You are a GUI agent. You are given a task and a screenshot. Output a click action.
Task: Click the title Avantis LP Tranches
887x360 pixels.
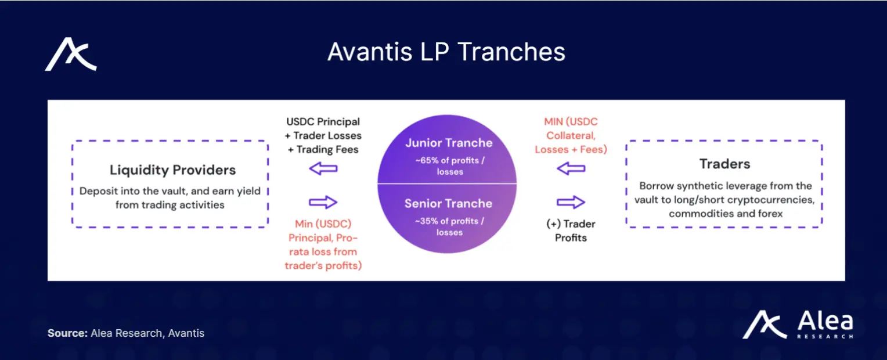coord(446,52)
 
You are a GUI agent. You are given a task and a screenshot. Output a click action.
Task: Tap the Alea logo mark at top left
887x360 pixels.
coord(70,54)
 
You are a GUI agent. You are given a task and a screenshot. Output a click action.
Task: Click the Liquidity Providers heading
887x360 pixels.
coord(172,170)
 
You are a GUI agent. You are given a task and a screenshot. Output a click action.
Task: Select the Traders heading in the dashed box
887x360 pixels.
coord(724,164)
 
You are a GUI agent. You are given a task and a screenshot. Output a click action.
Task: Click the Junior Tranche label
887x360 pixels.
coord(448,143)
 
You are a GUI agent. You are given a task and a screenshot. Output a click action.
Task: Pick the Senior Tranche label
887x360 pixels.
coord(448,203)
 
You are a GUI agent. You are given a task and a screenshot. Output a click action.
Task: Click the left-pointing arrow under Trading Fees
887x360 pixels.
coord(323,169)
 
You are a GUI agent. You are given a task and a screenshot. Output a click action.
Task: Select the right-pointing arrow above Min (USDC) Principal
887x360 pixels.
coord(323,202)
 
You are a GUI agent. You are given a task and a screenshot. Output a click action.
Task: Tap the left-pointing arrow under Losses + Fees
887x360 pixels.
coord(571,169)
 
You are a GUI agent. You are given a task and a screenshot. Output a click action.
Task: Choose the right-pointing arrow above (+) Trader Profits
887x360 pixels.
coord(571,202)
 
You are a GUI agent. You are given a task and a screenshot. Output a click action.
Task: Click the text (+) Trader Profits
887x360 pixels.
coord(571,231)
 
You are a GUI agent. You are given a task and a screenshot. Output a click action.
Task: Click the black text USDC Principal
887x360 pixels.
coord(323,122)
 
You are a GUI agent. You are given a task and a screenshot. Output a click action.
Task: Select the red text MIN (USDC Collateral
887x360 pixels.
coord(571,128)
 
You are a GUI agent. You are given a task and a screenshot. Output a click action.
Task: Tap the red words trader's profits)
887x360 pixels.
coord(323,265)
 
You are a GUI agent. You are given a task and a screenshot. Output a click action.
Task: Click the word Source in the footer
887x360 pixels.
coord(66,333)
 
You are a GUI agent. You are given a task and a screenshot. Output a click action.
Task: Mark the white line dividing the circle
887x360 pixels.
coord(447,184)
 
